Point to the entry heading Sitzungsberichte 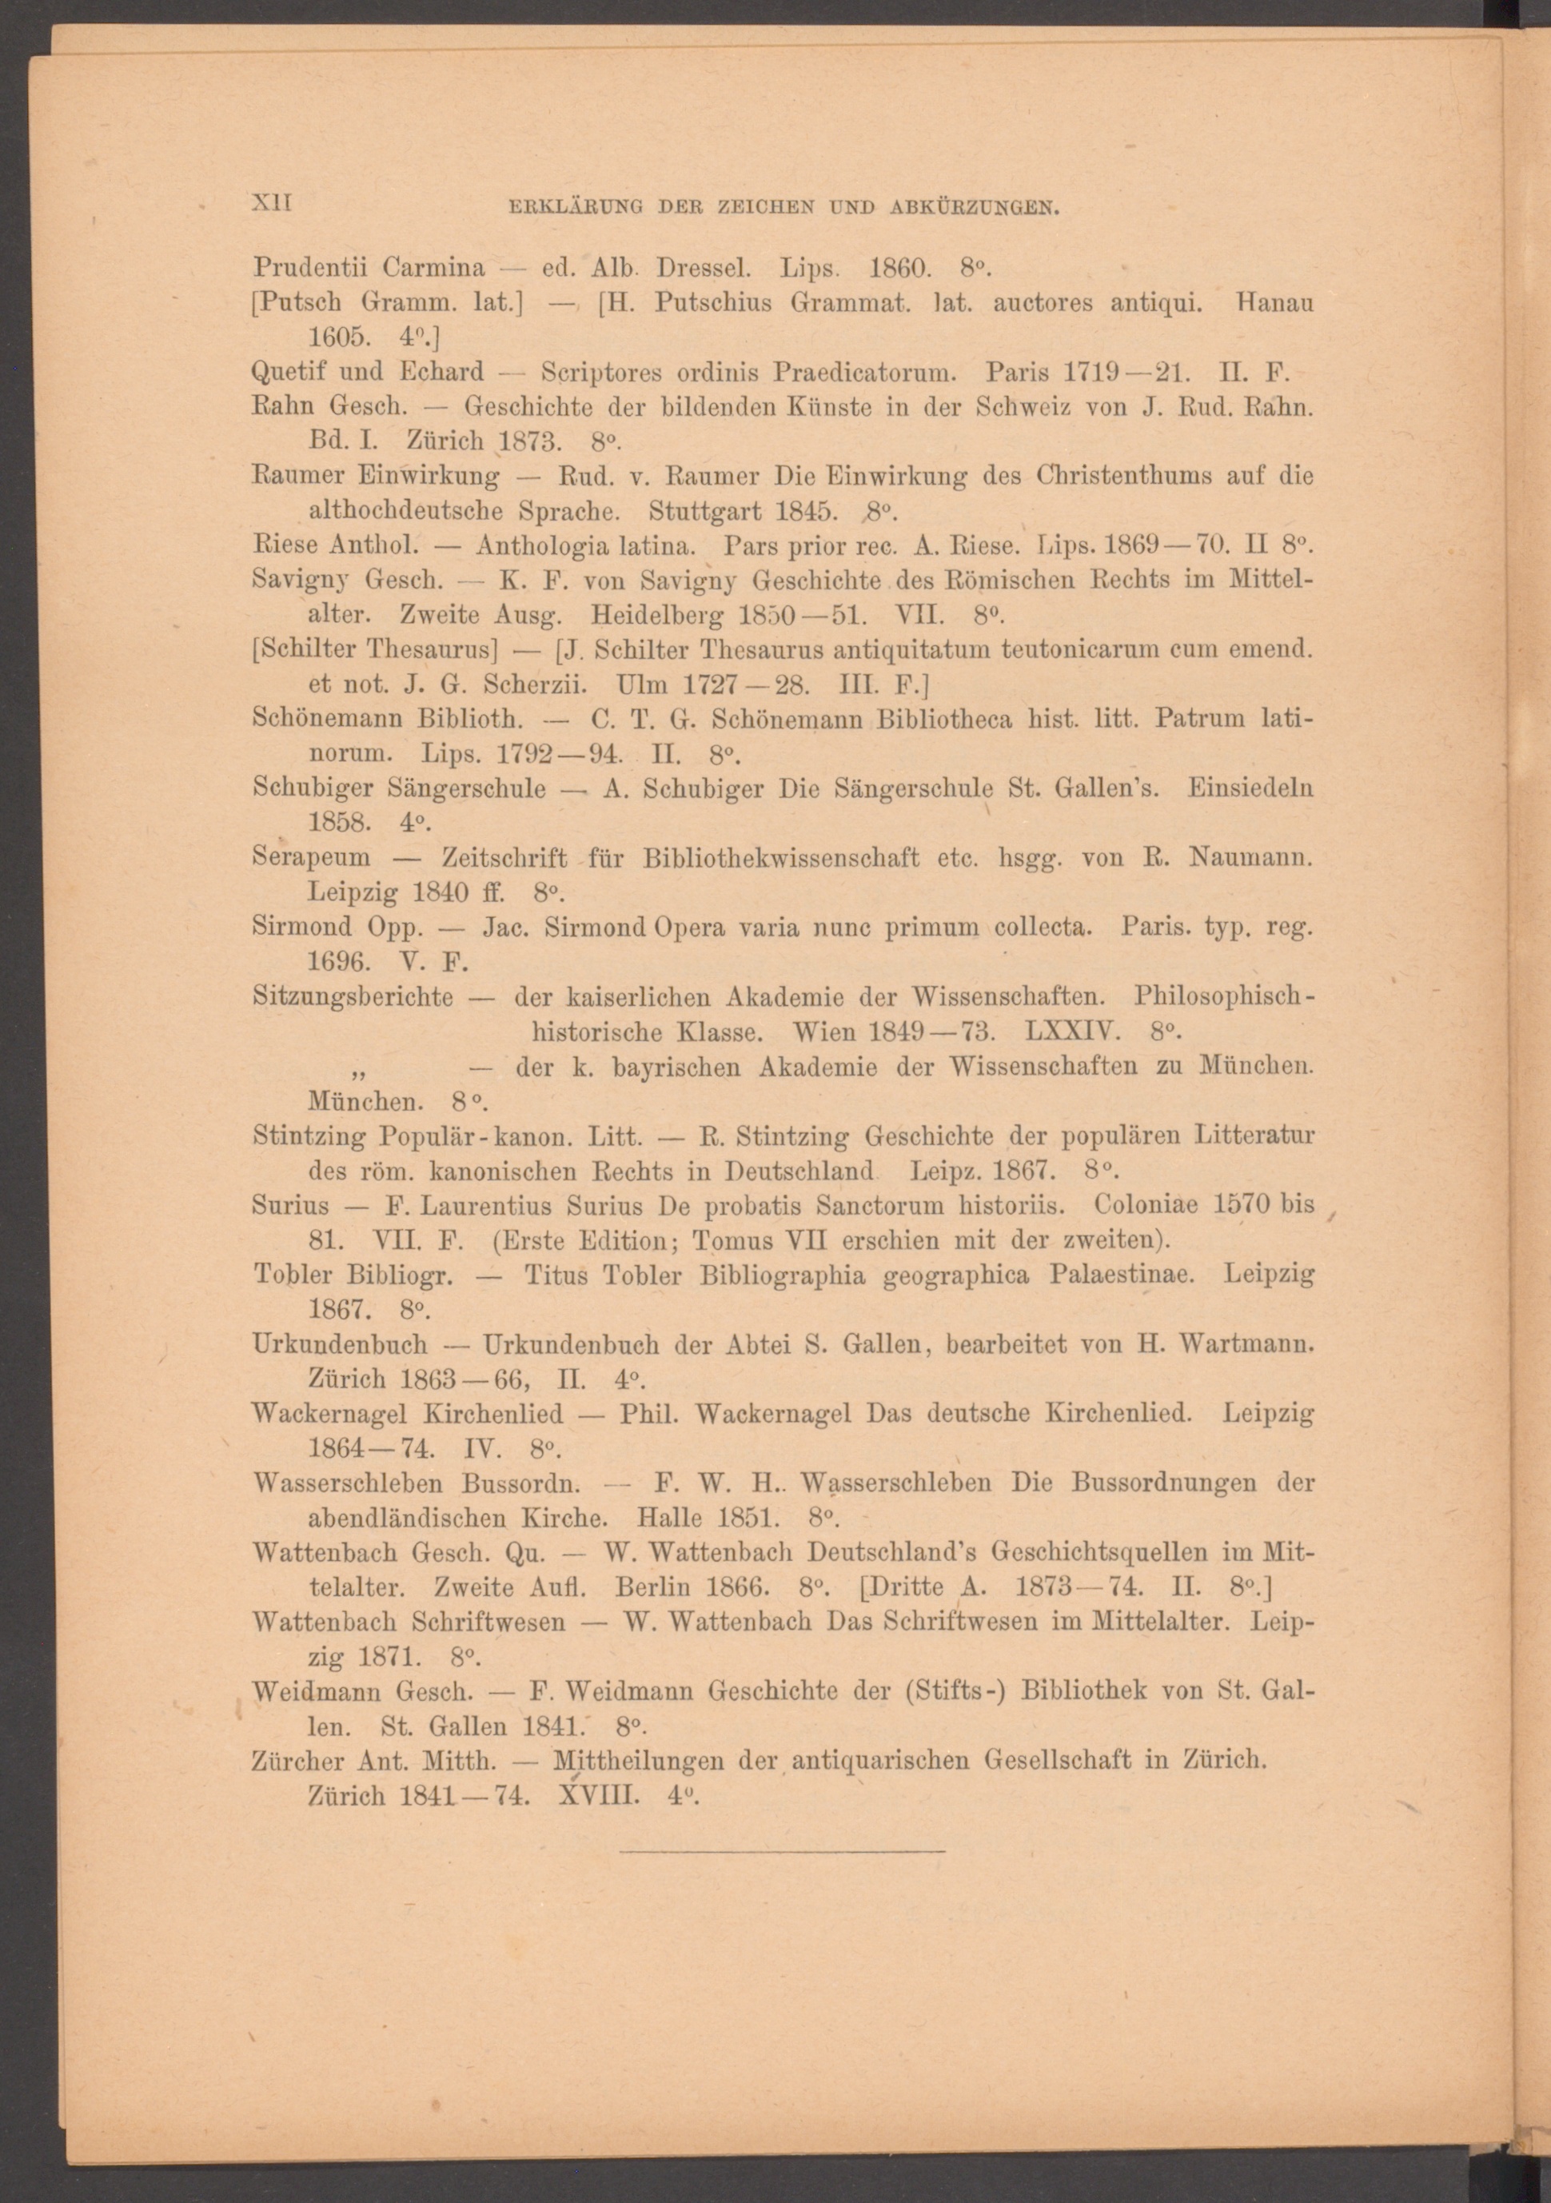pyautogui.click(x=353, y=997)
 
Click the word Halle pyautogui.click(x=668, y=1519)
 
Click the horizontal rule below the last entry pyautogui.click(x=782, y=1850)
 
